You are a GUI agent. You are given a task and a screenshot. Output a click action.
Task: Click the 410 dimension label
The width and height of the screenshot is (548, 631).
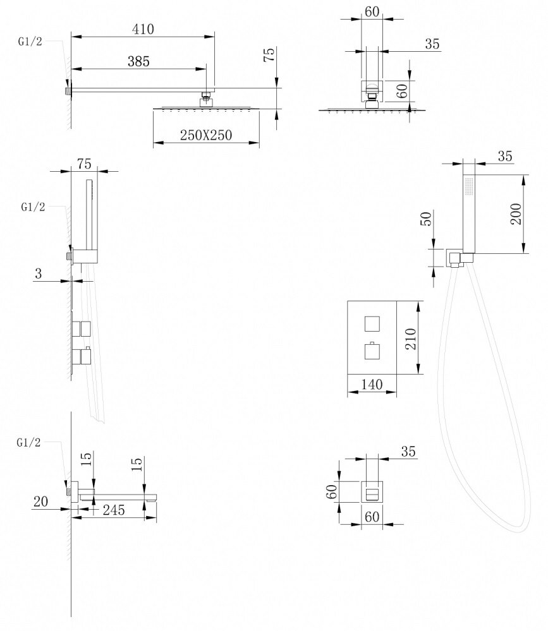click(143, 29)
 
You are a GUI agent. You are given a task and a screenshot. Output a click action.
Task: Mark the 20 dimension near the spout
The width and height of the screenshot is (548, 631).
click(41, 502)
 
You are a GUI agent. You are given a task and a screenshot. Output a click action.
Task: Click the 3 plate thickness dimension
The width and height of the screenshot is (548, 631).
click(39, 273)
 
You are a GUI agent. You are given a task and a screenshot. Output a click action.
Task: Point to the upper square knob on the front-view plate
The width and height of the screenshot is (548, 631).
click(372, 324)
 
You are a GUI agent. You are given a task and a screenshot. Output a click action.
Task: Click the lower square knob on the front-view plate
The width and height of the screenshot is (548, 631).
click(372, 351)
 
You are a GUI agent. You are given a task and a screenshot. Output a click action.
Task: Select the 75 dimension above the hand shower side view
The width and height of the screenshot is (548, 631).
click(84, 163)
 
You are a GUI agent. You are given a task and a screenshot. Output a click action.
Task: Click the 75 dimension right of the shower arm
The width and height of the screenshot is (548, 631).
click(270, 56)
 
